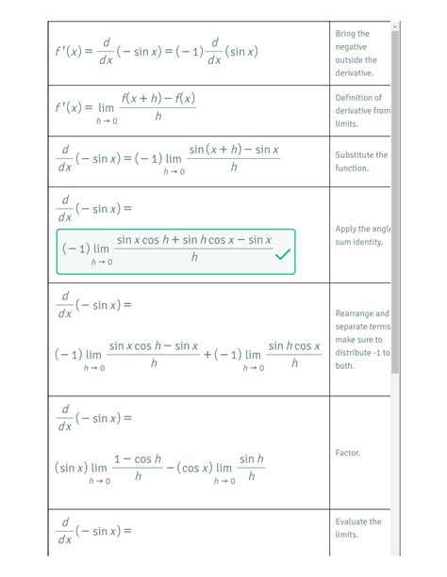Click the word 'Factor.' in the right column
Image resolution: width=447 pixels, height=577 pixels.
[x=347, y=453]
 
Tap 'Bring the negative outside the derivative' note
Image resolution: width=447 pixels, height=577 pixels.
[x=354, y=53]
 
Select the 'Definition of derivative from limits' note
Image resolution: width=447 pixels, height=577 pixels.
[x=359, y=110]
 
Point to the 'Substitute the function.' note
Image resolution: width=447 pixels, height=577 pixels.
[x=359, y=161]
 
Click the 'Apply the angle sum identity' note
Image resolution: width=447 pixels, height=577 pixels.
[x=359, y=235]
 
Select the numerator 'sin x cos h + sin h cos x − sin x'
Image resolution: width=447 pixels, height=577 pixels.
[x=194, y=241]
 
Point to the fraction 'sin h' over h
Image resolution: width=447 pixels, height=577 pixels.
[x=251, y=468]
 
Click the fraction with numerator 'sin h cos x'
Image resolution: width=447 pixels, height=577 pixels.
[x=294, y=356]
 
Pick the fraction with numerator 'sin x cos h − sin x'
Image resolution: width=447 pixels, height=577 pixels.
[x=153, y=356]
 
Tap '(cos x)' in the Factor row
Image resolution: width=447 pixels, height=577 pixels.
[x=188, y=468]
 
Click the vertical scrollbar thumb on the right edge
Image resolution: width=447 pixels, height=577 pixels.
[x=395, y=188]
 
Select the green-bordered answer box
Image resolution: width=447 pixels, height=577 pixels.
[x=175, y=250]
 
